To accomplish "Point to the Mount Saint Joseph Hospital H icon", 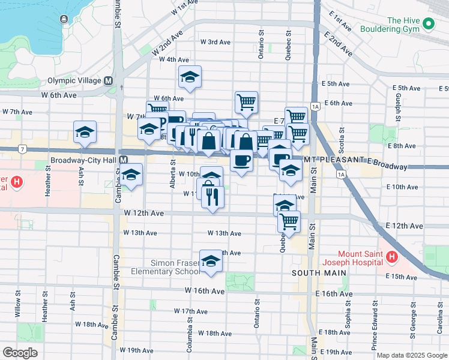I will pyautogui.click(x=392, y=257).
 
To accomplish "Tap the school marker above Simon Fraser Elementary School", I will pyautogui.click(x=210, y=262).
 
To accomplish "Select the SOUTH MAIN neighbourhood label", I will pyautogui.click(x=319, y=273).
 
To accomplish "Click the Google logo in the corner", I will pyautogui.click(x=20, y=353).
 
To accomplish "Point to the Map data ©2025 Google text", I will pyautogui.click(x=411, y=355).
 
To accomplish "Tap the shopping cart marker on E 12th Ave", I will pyautogui.click(x=289, y=221).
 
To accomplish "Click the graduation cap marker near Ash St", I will pyautogui.click(x=85, y=133).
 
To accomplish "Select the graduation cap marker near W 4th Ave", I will pyautogui.click(x=190, y=77).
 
